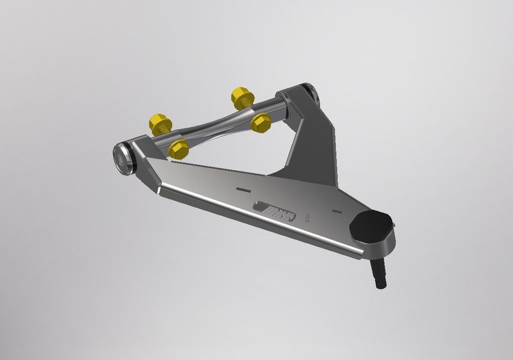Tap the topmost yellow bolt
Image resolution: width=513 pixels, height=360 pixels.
(x=242, y=98)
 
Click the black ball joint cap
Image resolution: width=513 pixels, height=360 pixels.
(x=371, y=225)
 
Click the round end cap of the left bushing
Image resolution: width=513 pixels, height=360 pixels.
(x=122, y=157)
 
